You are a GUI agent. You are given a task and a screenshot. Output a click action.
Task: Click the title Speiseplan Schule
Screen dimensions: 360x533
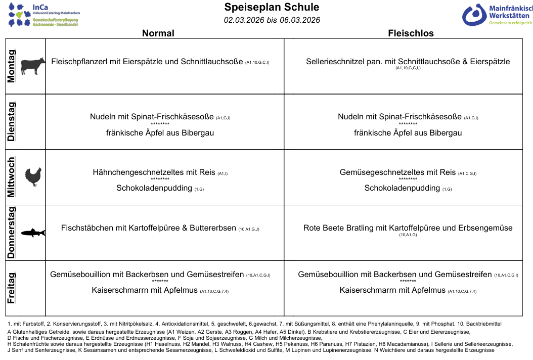[272, 7]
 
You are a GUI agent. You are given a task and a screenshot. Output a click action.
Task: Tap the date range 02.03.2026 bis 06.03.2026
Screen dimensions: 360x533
[272, 20]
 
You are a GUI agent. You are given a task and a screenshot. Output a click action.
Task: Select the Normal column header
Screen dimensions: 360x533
[158, 33]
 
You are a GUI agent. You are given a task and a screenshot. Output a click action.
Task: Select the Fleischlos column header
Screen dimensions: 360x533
[411, 33]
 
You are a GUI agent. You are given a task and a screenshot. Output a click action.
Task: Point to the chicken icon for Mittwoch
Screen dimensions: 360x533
[33, 177]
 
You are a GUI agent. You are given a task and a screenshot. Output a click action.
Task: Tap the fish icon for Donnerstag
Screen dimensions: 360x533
[33, 232]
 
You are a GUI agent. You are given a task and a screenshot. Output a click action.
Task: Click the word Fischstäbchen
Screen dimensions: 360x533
[87, 228]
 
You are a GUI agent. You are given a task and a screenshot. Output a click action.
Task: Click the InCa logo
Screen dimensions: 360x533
[43, 15]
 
